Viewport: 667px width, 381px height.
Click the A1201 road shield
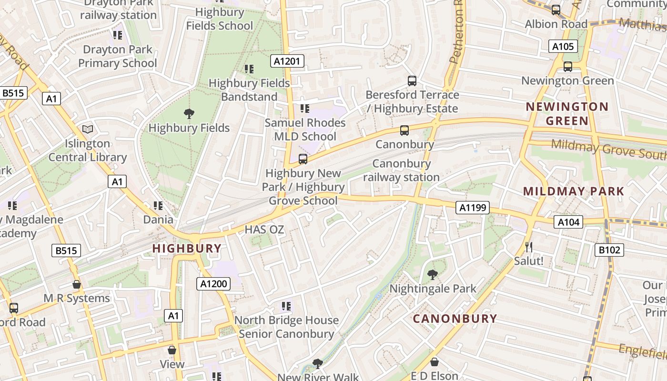click(287, 60)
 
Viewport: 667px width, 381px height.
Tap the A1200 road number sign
click(213, 284)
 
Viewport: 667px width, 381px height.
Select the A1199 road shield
click(472, 207)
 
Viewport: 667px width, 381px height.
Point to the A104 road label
click(568, 221)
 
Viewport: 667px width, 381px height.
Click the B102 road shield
click(609, 250)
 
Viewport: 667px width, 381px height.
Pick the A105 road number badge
click(563, 46)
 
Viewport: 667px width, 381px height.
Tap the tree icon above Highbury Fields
click(189, 113)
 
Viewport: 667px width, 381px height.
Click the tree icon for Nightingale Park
click(433, 274)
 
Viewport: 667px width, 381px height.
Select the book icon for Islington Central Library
click(88, 129)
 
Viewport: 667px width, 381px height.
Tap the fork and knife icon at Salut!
click(528, 247)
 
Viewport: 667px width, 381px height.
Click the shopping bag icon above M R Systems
click(77, 284)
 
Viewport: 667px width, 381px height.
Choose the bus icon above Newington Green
click(567, 67)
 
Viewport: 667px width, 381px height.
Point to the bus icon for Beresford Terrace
click(412, 81)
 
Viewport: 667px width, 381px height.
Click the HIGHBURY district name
click(187, 248)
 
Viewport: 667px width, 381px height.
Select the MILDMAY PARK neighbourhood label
click(574, 191)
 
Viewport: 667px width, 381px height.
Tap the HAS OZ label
click(264, 230)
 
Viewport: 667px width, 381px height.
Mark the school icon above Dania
click(158, 206)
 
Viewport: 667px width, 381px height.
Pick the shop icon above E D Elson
click(434, 362)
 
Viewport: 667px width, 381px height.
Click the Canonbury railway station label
click(401, 170)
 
